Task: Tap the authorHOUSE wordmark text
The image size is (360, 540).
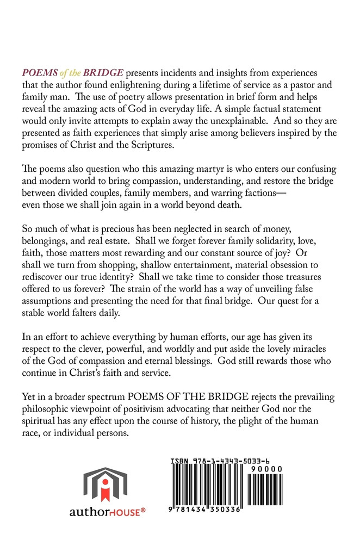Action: [105, 511]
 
